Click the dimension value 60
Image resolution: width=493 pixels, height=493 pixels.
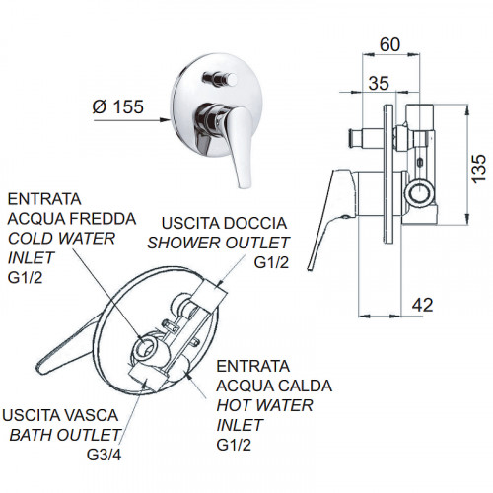pyautogui.click(x=389, y=44)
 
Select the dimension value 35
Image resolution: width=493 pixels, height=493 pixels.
pyautogui.click(x=379, y=83)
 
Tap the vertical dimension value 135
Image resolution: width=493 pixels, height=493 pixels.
pyautogui.click(x=478, y=168)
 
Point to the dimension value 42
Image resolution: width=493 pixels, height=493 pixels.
pyautogui.click(x=422, y=305)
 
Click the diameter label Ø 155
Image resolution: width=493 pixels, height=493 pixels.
pyautogui.click(x=118, y=106)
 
